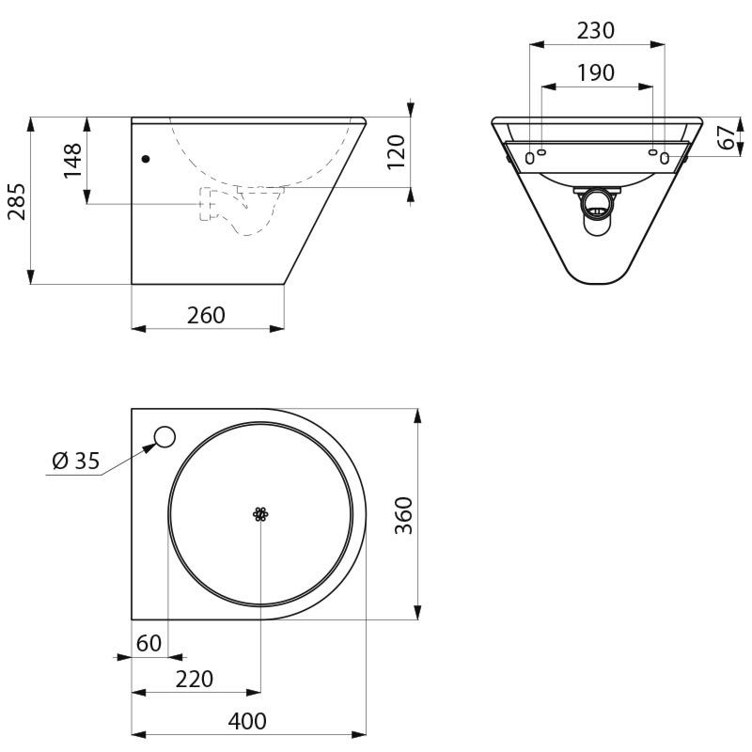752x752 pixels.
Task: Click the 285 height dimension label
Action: [17, 201]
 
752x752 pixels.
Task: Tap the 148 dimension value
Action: [73, 160]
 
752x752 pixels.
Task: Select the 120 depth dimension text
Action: [396, 152]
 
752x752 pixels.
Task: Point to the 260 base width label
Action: [206, 315]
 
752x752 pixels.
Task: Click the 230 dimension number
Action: [595, 31]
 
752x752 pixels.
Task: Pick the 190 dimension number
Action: [595, 73]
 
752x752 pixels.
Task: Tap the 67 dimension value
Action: [728, 137]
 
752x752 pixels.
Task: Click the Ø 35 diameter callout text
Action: [76, 461]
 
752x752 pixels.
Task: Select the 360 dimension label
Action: [403, 515]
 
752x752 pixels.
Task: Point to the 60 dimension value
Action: [149, 643]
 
